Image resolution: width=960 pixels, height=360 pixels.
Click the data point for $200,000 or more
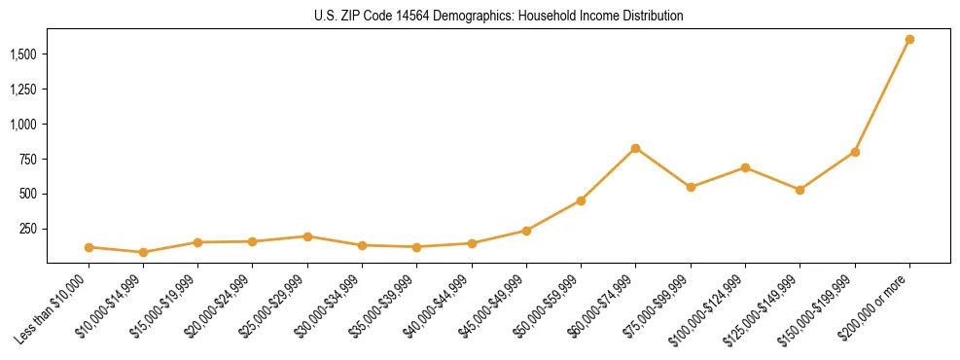pos(909,40)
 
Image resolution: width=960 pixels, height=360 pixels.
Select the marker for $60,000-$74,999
pos(635,148)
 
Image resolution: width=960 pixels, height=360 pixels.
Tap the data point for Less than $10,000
pos(89,247)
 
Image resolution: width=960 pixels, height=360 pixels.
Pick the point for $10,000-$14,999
pos(143,252)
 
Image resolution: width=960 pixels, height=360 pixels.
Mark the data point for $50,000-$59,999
pos(581,200)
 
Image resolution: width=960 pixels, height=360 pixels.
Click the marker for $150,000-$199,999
pos(855,152)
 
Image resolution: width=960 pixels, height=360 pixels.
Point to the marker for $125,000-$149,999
pos(800,190)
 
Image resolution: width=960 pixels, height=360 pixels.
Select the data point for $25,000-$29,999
pos(307,236)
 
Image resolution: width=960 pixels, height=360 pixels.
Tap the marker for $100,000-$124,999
pos(745,167)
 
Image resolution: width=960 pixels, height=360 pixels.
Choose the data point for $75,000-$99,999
pos(691,187)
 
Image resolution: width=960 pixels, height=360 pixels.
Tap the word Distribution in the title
pos(651,17)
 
